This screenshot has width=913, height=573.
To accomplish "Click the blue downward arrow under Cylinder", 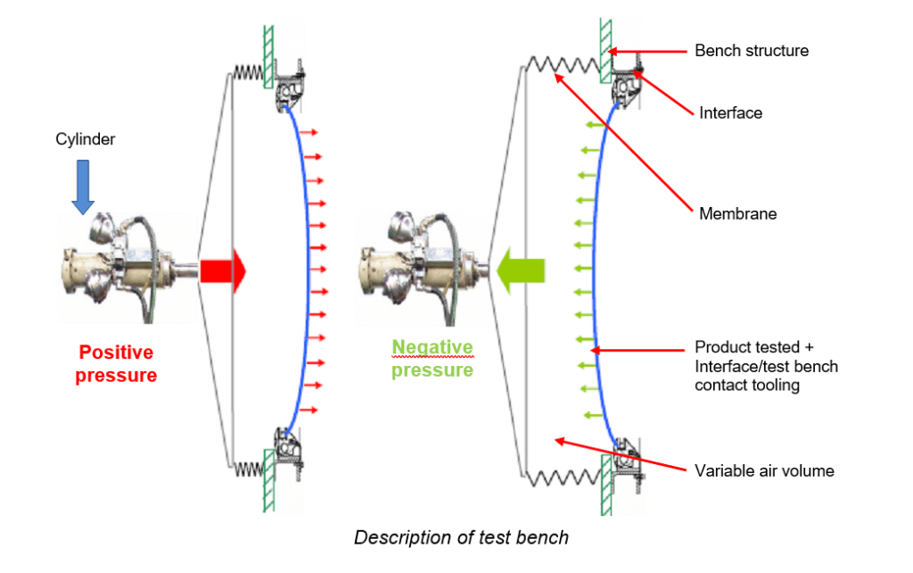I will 83,187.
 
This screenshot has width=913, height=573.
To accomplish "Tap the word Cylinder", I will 85,139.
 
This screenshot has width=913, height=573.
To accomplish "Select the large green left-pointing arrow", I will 522,270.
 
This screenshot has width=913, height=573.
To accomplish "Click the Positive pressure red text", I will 116,363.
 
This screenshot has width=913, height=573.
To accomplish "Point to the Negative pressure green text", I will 432,358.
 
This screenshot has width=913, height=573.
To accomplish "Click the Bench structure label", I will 752,51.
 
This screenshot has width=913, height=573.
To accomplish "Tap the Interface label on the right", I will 730,113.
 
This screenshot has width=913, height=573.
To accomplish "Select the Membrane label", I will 737,214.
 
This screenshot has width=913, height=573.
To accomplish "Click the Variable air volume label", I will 764,470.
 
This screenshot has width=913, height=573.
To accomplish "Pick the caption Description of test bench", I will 461,537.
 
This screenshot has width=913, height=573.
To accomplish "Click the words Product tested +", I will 753,347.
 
